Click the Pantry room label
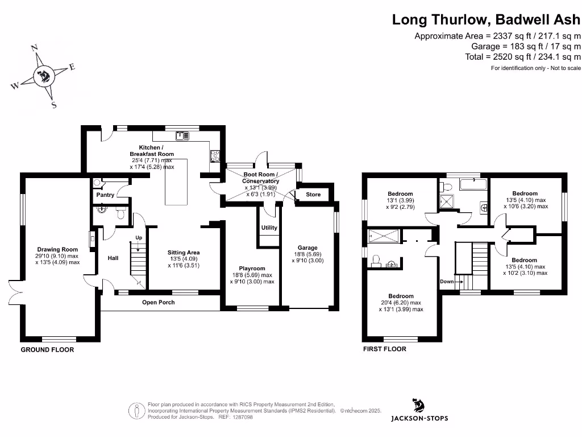click(105, 195)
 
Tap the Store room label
click(313, 195)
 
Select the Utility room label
click(269, 228)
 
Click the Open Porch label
click(159, 302)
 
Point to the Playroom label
click(252, 269)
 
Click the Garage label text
click(307, 248)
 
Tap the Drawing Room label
click(57, 249)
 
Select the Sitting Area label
click(184, 253)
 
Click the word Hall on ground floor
click(113, 258)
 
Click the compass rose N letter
click(34, 48)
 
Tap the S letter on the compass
click(54, 105)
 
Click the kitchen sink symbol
click(183, 135)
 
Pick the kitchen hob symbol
click(215, 155)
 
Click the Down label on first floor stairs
click(447, 282)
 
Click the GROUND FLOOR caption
click(47, 350)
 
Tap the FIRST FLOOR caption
click(385, 349)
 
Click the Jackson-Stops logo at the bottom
click(419, 410)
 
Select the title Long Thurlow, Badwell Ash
click(487, 19)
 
